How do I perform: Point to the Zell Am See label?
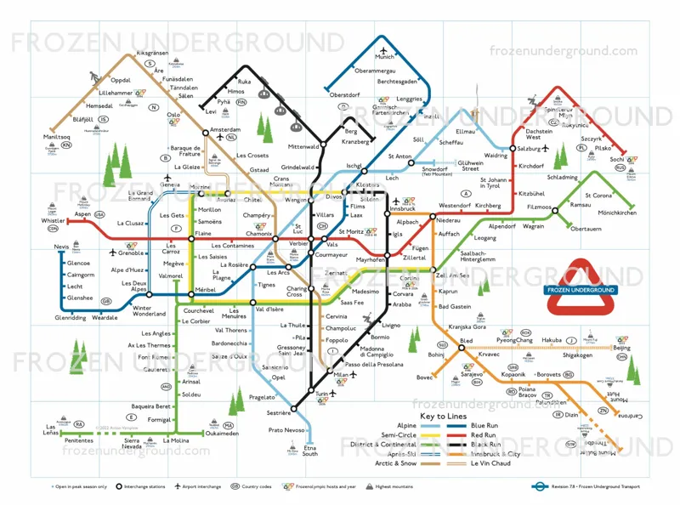(x=454, y=275)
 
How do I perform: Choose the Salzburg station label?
(x=534, y=149)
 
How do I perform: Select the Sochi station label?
(x=617, y=159)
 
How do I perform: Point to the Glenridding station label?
(x=71, y=318)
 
